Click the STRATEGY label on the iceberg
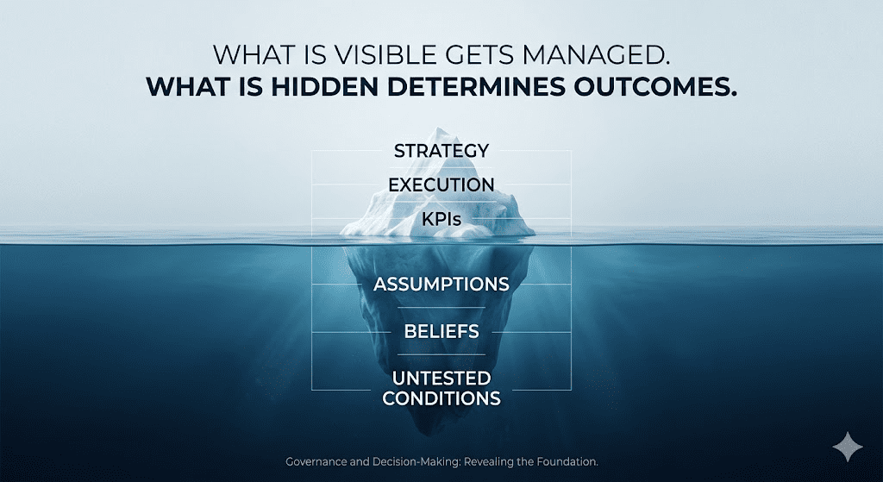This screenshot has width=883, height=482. point(441,151)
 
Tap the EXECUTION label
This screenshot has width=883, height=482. point(441,185)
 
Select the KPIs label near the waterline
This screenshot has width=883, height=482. point(441,219)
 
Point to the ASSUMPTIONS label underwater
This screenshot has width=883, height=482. point(441,284)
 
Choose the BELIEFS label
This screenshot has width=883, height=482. point(441,331)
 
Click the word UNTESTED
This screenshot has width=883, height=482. point(441,378)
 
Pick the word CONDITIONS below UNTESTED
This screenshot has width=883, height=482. point(441,398)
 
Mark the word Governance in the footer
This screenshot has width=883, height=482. point(316,461)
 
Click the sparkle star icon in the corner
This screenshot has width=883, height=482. point(848,447)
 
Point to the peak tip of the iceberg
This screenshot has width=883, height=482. point(438,128)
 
